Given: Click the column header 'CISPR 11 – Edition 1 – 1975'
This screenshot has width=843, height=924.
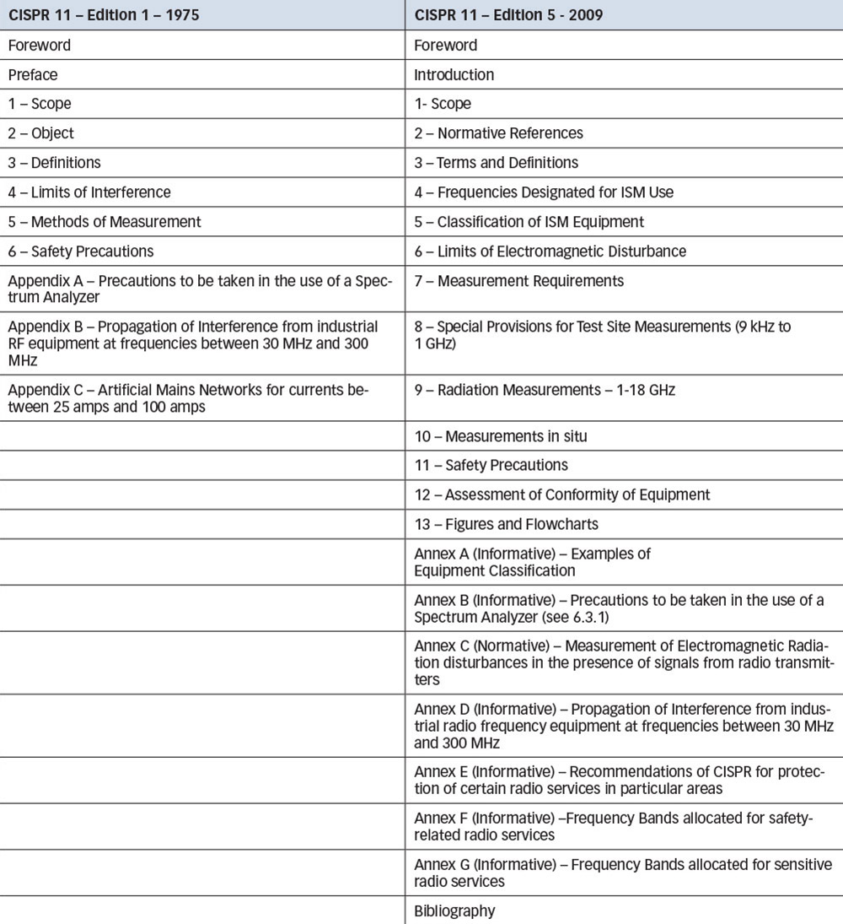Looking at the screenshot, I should [x=104, y=15].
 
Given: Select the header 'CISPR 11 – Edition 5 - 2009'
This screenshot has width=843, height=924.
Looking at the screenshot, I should [x=508, y=15].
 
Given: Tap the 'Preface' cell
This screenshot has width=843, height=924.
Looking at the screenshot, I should [x=33, y=74].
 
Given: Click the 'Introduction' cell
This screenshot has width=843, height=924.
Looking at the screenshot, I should [x=454, y=74].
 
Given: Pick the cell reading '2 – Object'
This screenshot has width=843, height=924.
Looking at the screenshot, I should [x=41, y=133].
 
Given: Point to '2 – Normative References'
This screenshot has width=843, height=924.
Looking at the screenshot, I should [x=498, y=133].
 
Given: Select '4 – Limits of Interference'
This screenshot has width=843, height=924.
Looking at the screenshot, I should [x=89, y=192].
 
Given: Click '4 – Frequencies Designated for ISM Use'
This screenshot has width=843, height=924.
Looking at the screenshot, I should [x=544, y=192].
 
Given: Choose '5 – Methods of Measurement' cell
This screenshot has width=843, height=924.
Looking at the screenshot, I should [x=105, y=222].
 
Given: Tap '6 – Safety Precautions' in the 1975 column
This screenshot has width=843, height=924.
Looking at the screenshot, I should [x=81, y=251].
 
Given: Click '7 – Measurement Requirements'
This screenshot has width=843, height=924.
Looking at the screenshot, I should [x=518, y=280].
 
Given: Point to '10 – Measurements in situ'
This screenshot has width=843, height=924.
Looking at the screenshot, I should [x=500, y=436].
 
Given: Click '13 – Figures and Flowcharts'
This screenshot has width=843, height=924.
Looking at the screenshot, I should [x=506, y=524].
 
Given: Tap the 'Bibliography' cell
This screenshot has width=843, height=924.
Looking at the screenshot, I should [x=454, y=910].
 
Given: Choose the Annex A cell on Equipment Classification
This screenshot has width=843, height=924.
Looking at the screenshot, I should [x=532, y=562].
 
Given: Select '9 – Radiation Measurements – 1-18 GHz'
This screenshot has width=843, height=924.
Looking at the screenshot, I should [x=545, y=390].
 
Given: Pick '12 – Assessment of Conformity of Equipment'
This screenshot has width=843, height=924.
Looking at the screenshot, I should [x=561, y=494].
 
